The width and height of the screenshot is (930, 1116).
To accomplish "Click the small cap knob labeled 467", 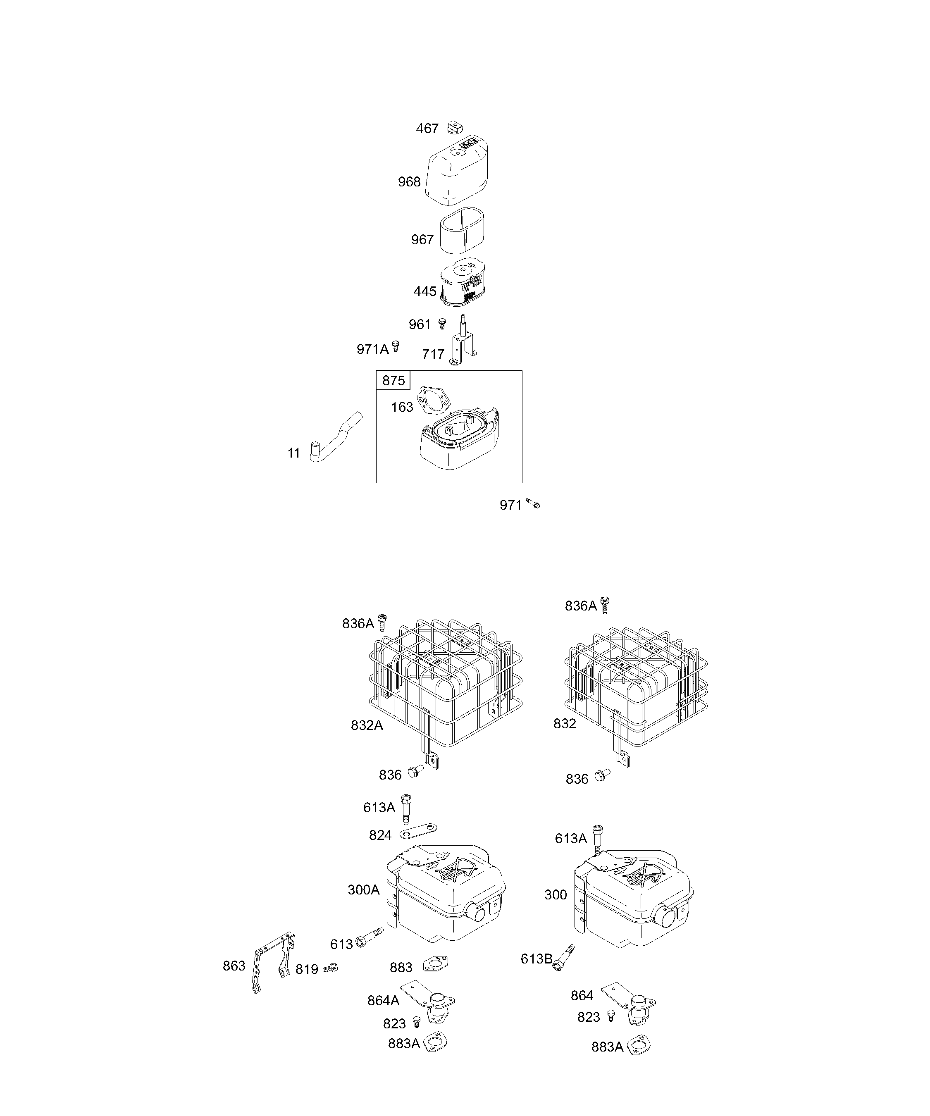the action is pyautogui.click(x=455, y=128).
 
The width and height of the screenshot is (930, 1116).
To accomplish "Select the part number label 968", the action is pyautogui.click(x=409, y=182).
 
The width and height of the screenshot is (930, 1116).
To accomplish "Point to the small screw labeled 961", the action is pyautogui.click(x=441, y=323).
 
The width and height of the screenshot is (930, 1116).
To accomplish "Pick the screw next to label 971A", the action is pyautogui.click(x=395, y=346).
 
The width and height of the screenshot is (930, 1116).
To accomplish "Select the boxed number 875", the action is pyautogui.click(x=393, y=381).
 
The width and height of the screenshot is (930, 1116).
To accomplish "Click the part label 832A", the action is pyautogui.click(x=367, y=725).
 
